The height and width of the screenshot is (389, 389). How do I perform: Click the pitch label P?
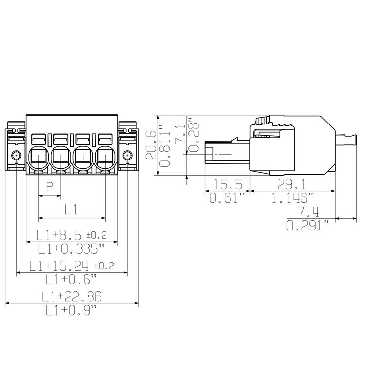click(49, 186)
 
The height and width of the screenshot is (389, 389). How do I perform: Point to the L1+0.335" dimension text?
click(71, 250)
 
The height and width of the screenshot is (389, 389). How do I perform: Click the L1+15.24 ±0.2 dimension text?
click(71, 265)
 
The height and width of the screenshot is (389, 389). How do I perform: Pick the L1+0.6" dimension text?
click(71, 280)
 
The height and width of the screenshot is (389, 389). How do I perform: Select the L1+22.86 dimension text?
click(71, 296)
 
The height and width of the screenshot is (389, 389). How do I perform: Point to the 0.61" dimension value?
click(226, 198)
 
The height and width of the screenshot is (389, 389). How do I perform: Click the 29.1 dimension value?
click(292, 184)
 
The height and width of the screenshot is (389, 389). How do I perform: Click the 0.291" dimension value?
click(307, 226)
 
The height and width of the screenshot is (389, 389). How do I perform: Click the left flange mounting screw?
click(16, 156)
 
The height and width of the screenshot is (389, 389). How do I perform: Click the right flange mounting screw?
click(127, 156)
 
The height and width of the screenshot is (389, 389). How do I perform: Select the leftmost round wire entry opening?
click(38, 157)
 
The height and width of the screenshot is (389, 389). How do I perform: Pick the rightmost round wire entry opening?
click(105, 157)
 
